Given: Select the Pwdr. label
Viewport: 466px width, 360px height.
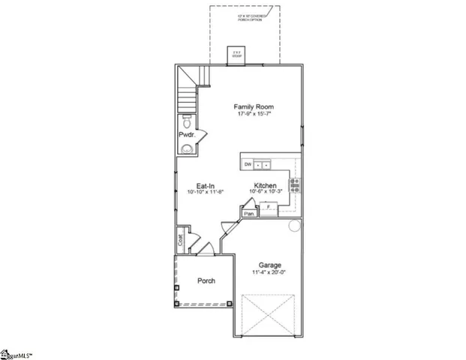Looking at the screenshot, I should coord(186,134).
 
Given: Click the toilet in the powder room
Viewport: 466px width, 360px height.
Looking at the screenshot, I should coord(187,122).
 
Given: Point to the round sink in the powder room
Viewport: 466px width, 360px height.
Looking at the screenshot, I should coord(187,148).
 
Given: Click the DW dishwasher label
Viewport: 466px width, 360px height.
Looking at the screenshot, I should coord(247,163).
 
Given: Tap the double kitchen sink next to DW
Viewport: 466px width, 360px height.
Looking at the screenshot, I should coord(262,163).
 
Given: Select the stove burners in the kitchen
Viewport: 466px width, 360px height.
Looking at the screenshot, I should coord(295,184).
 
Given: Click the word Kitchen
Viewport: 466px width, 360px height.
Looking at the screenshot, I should coord(265,184).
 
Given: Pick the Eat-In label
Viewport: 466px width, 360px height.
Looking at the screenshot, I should coord(207,185).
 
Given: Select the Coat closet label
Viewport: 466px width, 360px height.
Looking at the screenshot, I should coord(181,241).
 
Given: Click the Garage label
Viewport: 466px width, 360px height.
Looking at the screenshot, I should coord(269,265).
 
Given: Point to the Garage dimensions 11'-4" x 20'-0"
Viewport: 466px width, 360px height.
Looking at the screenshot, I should coord(269,273).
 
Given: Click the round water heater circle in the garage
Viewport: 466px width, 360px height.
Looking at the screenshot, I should coord(294,224).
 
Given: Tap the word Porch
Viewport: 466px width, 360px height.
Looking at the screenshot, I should coord(206,281).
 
